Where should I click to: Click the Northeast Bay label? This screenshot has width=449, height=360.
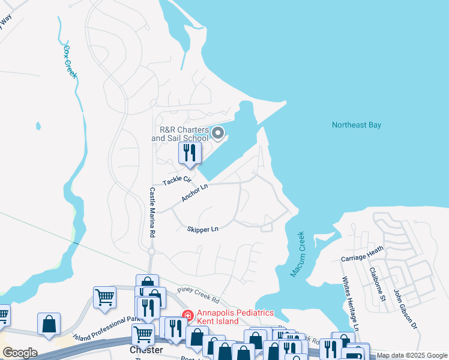(x=357, y=125)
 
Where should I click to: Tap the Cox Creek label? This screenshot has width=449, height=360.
(x=70, y=61)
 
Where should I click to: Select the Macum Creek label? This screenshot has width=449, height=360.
(x=298, y=254)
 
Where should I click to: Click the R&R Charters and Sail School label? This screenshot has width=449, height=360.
(x=180, y=134)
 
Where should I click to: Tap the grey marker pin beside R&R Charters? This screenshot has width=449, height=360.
(x=218, y=133)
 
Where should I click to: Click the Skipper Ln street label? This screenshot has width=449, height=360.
(x=202, y=229)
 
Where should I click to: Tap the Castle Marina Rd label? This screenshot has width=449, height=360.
(x=152, y=211)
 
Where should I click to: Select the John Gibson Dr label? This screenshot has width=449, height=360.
(x=405, y=308)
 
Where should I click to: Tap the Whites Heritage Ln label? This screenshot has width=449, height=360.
(x=350, y=304)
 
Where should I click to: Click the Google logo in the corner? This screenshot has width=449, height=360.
(x=20, y=353)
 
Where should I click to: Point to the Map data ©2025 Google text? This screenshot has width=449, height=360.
(x=412, y=355)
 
